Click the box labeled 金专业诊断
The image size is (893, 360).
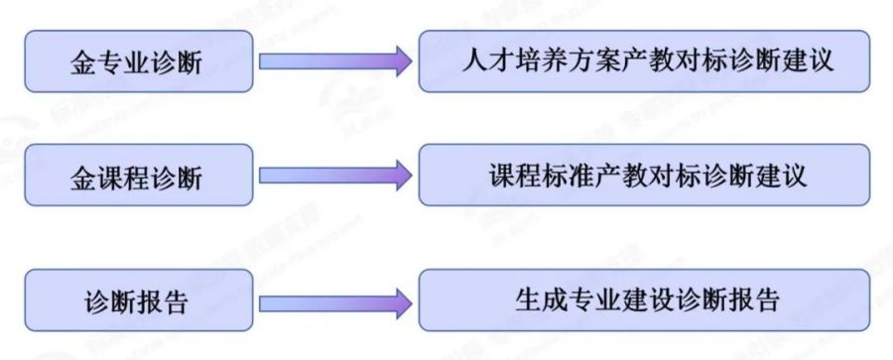pos(136,61)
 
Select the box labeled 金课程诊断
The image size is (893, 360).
pos(136,178)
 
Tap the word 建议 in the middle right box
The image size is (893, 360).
pos(779,176)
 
